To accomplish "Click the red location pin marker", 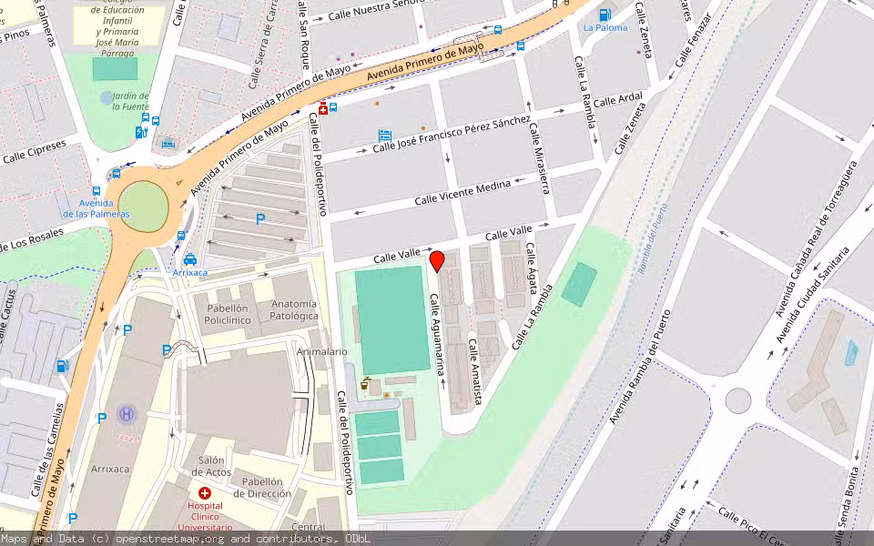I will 437,261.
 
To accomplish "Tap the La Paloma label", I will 605,27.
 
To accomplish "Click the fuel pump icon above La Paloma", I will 605,14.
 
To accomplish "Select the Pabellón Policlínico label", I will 227,315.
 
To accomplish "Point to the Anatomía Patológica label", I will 293,309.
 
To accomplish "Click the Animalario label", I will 321,351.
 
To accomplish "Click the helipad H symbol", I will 127,413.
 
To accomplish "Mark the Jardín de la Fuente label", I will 130,100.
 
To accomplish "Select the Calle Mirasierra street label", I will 538,159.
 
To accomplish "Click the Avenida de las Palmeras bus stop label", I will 96,208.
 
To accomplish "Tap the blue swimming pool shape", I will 850,353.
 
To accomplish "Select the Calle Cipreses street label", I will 35,151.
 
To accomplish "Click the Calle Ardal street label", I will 617,99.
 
